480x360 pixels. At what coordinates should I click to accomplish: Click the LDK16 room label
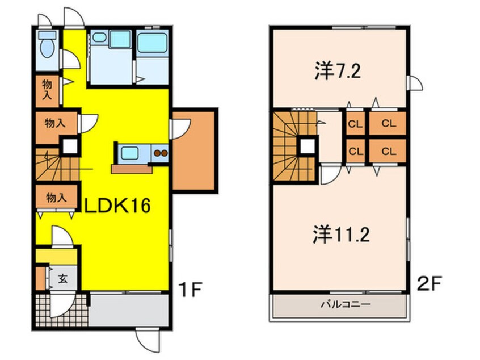117,206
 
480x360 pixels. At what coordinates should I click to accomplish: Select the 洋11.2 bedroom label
340,234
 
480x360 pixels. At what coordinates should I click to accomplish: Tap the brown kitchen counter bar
131,168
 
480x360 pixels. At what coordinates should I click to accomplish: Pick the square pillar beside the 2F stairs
308,146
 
